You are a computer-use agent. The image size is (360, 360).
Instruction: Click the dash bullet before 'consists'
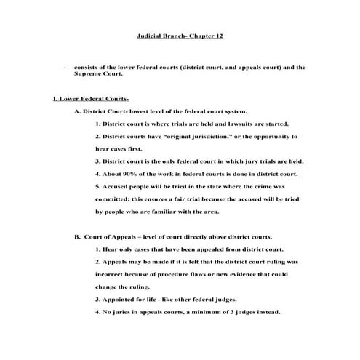(x=65, y=66)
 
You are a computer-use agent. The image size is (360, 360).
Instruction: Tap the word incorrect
(x=113, y=274)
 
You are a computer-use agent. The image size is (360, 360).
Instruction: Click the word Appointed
(x=120, y=300)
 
